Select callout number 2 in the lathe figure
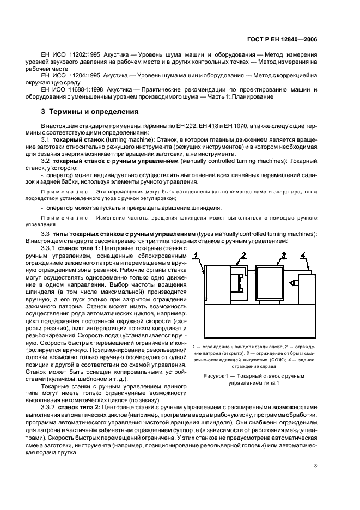[244, 254]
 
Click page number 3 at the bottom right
[315, 465]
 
